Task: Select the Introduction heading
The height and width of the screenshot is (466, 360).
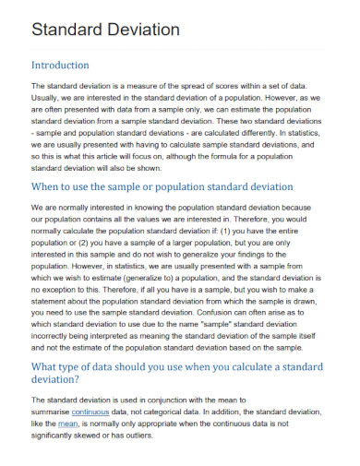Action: coord(60,66)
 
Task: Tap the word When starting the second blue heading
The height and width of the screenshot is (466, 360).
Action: coord(50,186)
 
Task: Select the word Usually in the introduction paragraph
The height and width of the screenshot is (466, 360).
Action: coord(47,98)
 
